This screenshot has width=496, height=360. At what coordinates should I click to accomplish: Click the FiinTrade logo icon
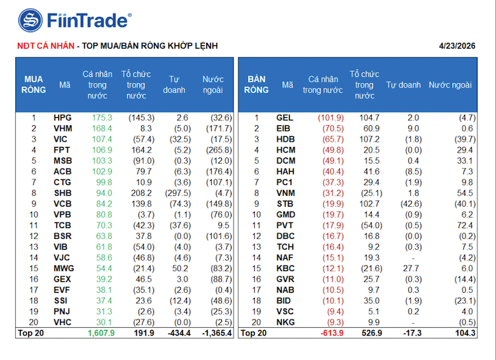[30, 20]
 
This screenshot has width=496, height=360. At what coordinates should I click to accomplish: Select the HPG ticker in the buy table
[62, 118]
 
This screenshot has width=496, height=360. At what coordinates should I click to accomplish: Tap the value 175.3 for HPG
[101, 118]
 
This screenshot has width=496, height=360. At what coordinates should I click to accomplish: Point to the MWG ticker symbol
[64, 268]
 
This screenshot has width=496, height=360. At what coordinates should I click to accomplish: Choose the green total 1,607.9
[101, 333]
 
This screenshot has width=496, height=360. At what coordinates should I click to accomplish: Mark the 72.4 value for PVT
[465, 225]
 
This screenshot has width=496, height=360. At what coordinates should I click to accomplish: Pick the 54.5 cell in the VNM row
[465, 193]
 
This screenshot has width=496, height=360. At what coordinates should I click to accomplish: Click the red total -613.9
[329, 333]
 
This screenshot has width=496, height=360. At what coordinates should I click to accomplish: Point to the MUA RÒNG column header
[34, 84]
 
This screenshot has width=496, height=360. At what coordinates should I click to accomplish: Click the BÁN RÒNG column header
[257, 84]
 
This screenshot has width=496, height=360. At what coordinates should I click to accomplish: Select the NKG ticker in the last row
[285, 322]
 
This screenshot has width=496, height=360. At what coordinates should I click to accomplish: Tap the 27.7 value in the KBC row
[411, 268]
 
